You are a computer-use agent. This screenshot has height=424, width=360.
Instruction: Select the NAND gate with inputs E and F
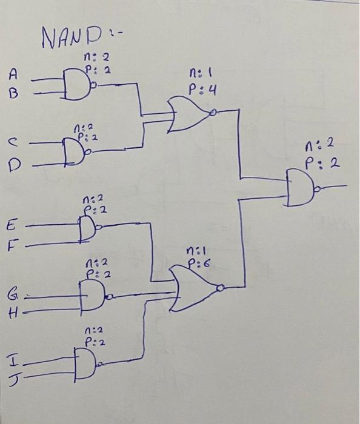(88, 228)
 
